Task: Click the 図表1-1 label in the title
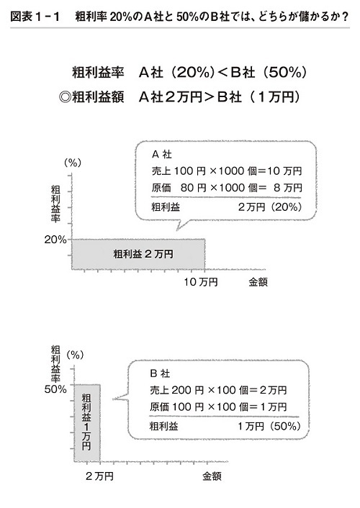coord(35,17)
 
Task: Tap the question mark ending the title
coord(346,17)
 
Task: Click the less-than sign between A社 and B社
coord(222,72)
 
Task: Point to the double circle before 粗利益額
coord(66,97)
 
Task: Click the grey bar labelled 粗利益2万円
coord(138,254)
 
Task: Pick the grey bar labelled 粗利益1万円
coord(87,423)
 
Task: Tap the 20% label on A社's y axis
coord(55,240)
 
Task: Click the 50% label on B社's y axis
coord(55,389)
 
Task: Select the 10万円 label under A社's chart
coord(201,282)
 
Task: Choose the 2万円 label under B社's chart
coord(99,476)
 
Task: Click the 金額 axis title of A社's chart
coord(258,282)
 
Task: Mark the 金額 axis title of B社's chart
coord(212,476)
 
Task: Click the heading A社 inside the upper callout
coord(162,155)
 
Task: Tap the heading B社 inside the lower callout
coord(161,373)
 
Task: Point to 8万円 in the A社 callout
coord(288,188)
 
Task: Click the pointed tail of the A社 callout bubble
coord(177,230)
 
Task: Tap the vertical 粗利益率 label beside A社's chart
coord(55,204)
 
